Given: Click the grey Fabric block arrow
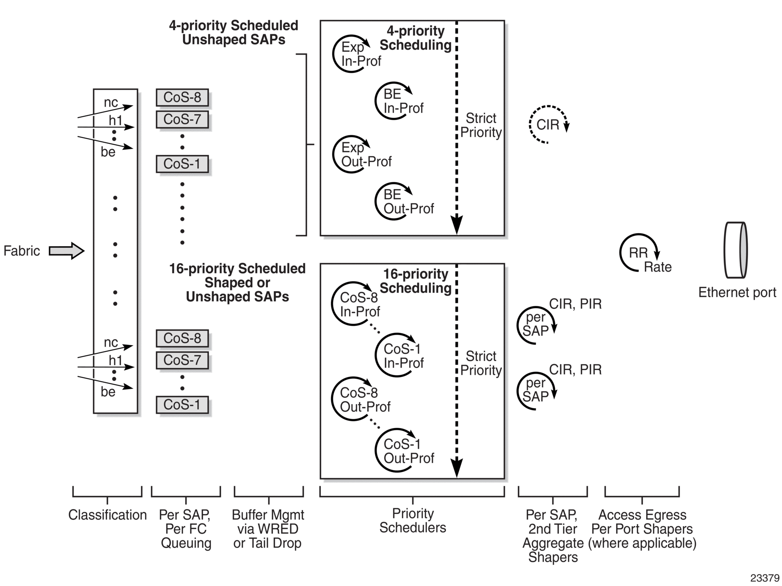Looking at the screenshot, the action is pyautogui.click(x=67, y=251).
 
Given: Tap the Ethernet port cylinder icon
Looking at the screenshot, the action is pyautogui.click(x=736, y=250).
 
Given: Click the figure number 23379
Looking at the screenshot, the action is pyautogui.click(x=765, y=578).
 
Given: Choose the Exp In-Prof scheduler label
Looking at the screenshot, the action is pyautogui.click(x=361, y=54).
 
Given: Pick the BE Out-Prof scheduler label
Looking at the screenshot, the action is pyautogui.click(x=408, y=201).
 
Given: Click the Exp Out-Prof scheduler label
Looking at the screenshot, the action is pyautogui.click(x=366, y=154).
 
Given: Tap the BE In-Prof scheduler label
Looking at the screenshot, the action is pyautogui.click(x=403, y=101).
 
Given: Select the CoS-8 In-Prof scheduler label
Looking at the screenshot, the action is pyautogui.click(x=360, y=305).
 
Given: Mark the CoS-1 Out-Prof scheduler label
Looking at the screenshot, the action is pyautogui.click(x=409, y=451).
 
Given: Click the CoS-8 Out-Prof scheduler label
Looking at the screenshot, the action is pyautogui.click(x=365, y=400).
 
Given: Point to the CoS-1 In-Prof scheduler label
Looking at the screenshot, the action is pyautogui.click(x=404, y=356).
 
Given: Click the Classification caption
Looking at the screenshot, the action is pyautogui.click(x=107, y=515).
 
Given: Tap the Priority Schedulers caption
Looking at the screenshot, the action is pyautogui.click(x=413, y=520).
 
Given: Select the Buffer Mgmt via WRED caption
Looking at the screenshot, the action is pyautogui.click(x=268, y=522).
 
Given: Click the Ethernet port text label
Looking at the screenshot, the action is pyautogui.click(x=737, y=292).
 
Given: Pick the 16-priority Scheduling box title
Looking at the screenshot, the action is pyautogui.click(x=416, y=281).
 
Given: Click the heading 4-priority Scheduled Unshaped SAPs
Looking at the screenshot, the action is pyautogui.click(x=234, y=33).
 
